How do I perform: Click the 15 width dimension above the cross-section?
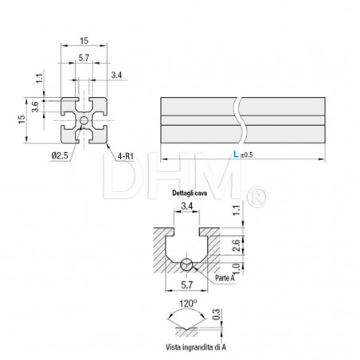point(84,39)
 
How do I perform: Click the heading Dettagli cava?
point(189,194)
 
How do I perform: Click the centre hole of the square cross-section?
point(84,121)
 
